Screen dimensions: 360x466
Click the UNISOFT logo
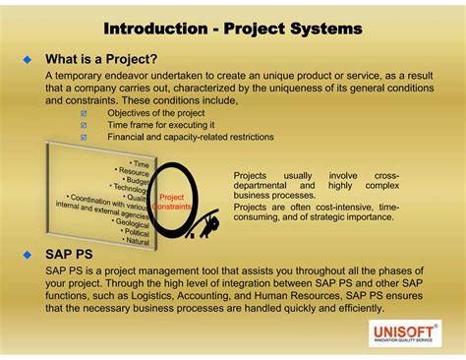404,334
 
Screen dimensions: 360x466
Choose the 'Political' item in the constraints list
135,232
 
